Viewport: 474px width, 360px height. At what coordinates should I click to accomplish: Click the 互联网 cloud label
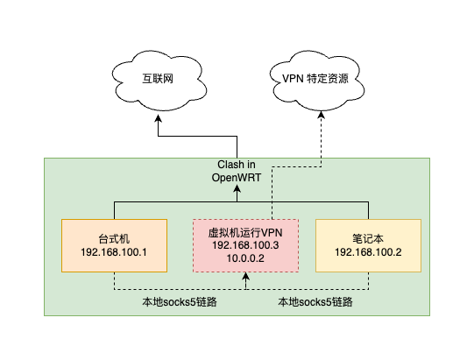(x=158, y=79)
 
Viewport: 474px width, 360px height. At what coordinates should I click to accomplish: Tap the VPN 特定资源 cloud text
(x=315, y=79)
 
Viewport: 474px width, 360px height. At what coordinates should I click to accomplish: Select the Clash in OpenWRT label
(x=237, y=171)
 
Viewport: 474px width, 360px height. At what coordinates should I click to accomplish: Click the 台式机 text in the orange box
(x=114, y=239)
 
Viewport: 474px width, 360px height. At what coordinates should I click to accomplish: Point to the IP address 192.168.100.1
(x=114, y=252)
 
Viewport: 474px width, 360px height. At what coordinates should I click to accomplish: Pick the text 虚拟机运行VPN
(x=245, y=233)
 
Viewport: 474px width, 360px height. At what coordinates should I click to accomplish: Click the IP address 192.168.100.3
(x=245, y=245)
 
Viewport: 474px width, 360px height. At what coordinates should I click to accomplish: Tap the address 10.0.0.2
(x=245, y=258)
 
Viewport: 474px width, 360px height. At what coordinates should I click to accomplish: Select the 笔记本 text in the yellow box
(x=368, y=239)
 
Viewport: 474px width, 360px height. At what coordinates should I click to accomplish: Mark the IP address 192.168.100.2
(x=368, y=252)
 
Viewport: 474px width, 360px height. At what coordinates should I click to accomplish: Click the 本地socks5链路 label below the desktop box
(x=180, y=301)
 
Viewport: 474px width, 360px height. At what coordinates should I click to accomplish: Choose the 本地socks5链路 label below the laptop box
(x=315, y=301)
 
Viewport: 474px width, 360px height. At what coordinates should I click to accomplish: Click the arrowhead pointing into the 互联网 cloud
(x=158, y=118)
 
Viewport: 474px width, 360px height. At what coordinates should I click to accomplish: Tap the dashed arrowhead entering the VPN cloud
(x=322, y=115)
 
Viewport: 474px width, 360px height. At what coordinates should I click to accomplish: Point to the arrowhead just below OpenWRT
(x=237, y=189)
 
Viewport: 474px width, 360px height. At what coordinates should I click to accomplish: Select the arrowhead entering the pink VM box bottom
(x=246, y=276)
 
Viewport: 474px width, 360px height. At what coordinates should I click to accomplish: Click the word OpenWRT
(x=237, y=178)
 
